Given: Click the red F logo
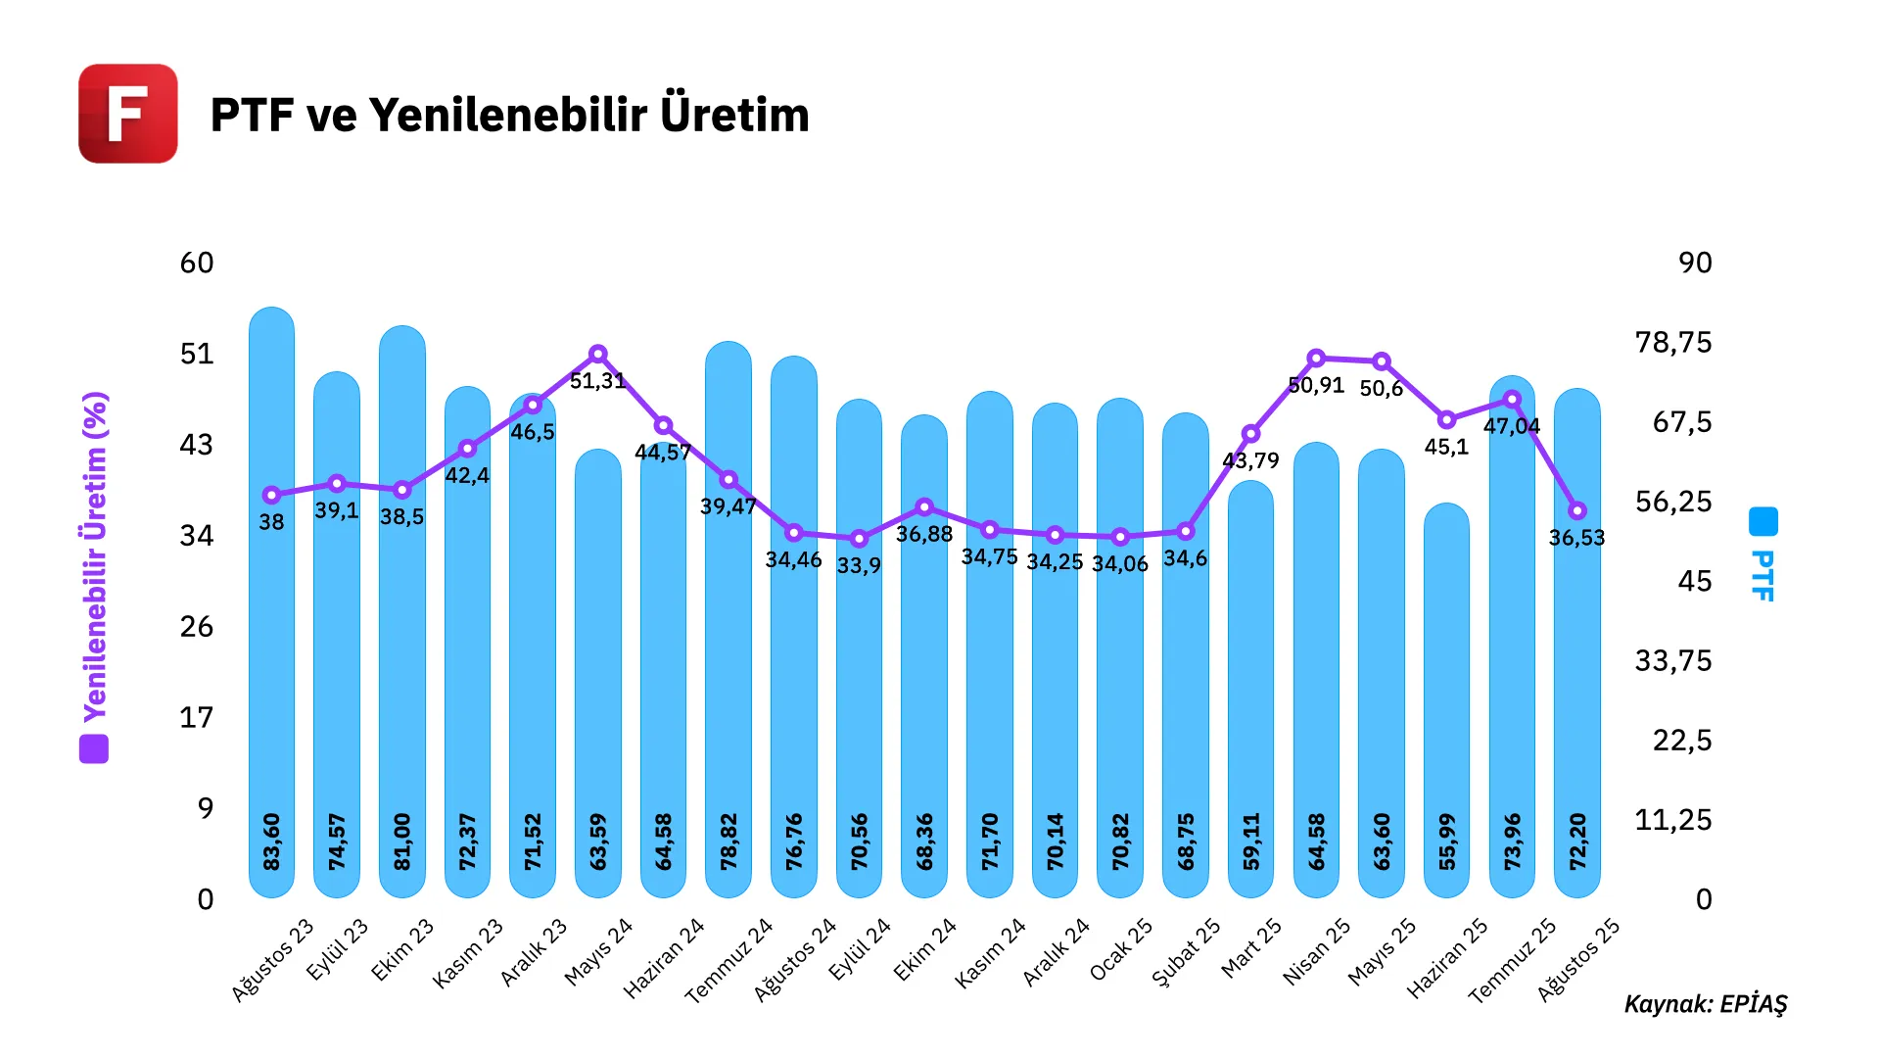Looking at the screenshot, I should (x=128, y=114).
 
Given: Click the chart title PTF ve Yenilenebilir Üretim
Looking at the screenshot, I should (x=509, y=115).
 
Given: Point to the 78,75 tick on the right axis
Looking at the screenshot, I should (x=1672, y=342).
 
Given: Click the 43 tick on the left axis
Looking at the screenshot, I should (x=196, y=445).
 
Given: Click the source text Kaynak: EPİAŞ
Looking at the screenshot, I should (x=1705, y=1004).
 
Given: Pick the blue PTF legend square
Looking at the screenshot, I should (x=1762, y=521).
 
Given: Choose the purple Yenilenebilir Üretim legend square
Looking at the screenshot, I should (x=94, y=749).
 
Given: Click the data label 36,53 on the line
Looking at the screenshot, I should (x=1576, y=538).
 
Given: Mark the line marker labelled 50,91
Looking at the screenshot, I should (x=1316, y=359).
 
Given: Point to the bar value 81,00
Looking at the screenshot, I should (x=402, y=842).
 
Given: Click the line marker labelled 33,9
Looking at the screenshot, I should (x=859, y=539).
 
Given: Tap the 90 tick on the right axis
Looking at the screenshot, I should (x=1695, y=263).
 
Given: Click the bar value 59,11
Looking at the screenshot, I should (x=1250, y=842).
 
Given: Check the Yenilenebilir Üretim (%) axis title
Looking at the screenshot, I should (x=95, y=556).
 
